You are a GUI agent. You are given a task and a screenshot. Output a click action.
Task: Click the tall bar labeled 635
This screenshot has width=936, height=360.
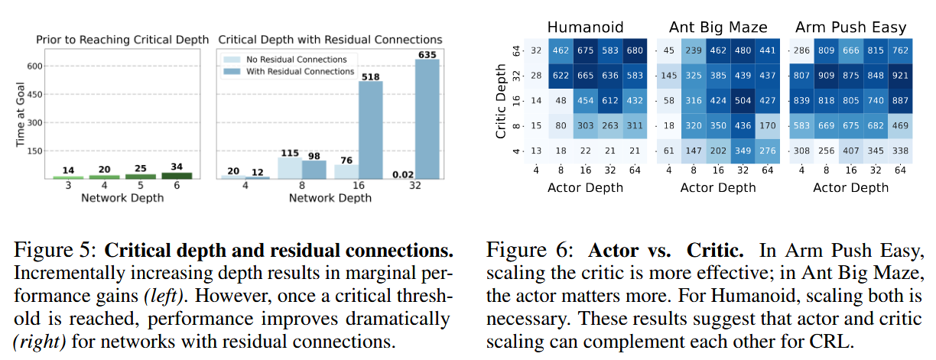[428, 120]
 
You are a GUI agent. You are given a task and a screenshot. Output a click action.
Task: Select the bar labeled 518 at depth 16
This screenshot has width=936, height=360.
[372, 130]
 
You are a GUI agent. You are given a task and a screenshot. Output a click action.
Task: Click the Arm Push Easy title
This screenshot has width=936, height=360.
[850, 28]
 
